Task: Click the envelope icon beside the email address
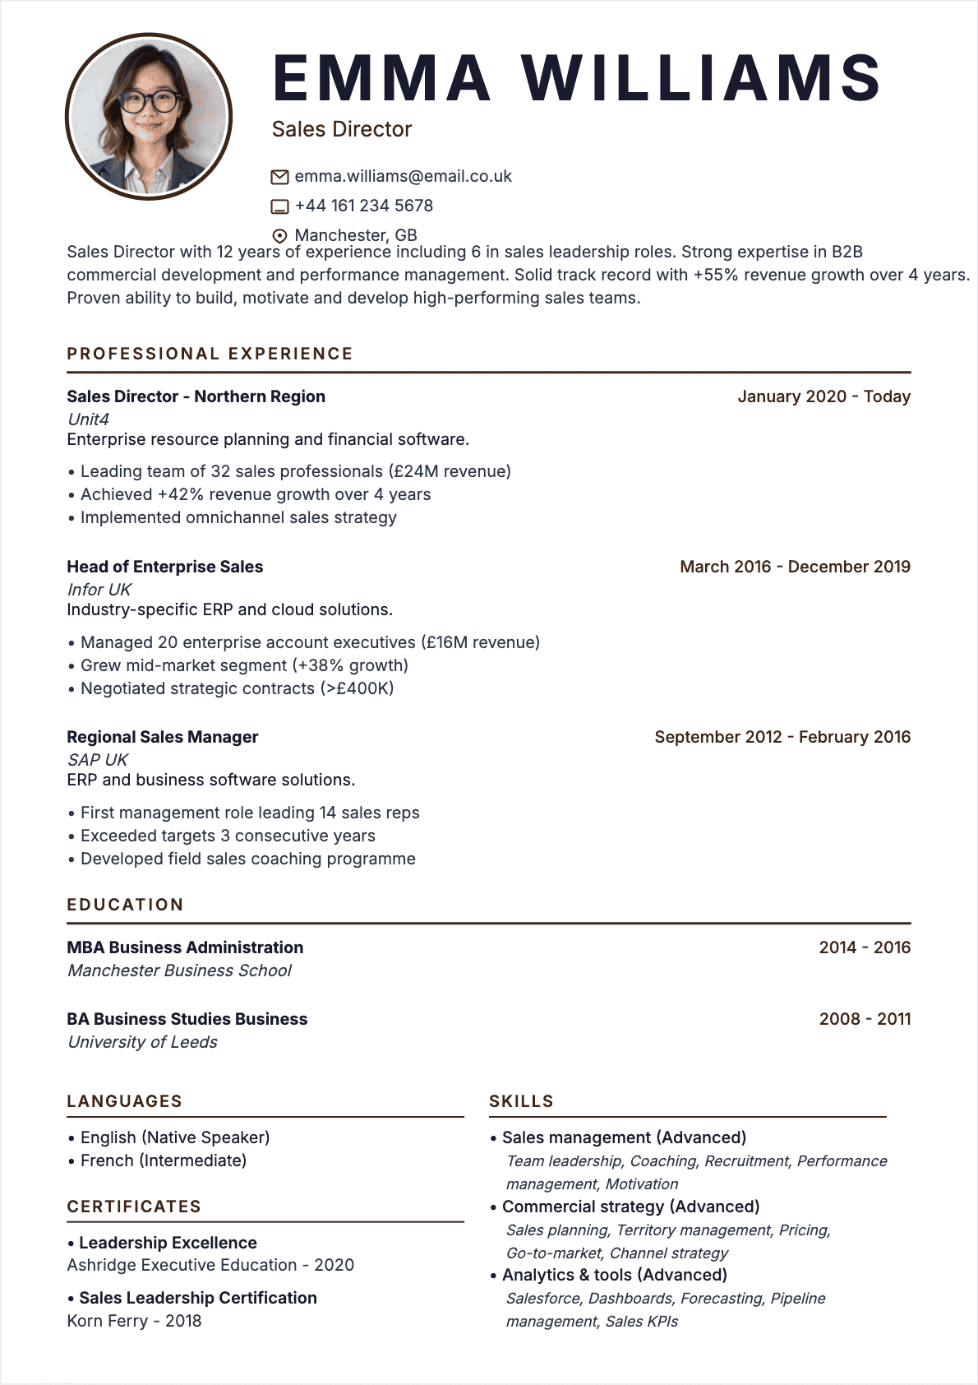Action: coord(279,177)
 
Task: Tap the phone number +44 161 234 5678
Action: coord(363,206)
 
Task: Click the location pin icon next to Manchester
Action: coord(279,236)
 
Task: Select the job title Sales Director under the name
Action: coord(341,129)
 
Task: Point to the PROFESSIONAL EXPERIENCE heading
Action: coord(210,354)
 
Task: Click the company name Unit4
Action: coord(88,419)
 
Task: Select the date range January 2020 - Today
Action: coord(823,396)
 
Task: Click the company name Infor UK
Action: coord(99,590)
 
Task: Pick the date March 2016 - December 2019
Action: coord(795,567)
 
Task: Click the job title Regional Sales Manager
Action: coord(162,737)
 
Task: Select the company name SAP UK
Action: coord(97,760)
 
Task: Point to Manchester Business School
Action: coord(179,970)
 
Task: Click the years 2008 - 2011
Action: coord(865,1019)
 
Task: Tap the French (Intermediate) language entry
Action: coord(163,1160)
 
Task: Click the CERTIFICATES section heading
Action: coord(134,1207)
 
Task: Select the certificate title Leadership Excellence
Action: coord(168,1243)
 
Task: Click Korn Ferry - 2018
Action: coord(134,1321)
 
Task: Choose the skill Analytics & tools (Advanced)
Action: coord(614,1275)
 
